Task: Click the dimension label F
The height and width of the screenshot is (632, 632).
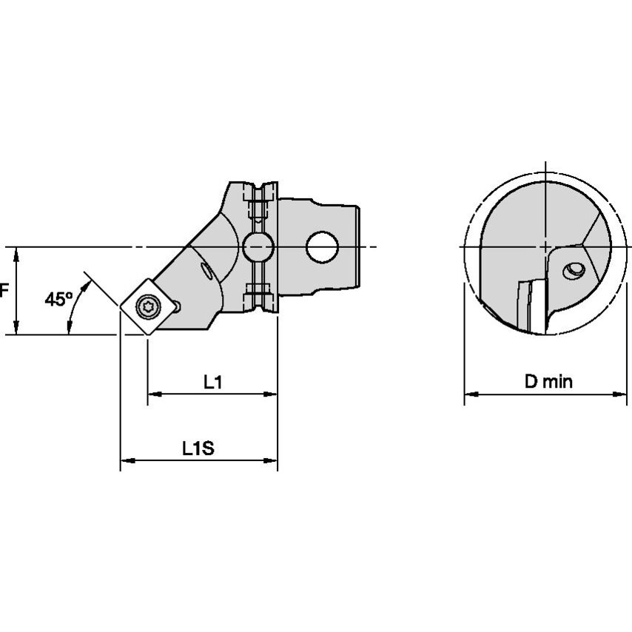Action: coord(4,290)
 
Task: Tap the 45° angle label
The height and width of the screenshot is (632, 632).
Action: coord(58,299)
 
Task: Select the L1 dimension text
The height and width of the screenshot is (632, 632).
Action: coord(213,382)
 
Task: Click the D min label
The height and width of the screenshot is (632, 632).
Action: coord(548,382)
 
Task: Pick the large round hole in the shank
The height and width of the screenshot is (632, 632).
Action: coord(323,247)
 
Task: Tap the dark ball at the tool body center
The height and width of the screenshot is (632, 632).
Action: coord(257,246)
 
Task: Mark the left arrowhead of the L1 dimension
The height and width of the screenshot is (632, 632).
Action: coord(153,395)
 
